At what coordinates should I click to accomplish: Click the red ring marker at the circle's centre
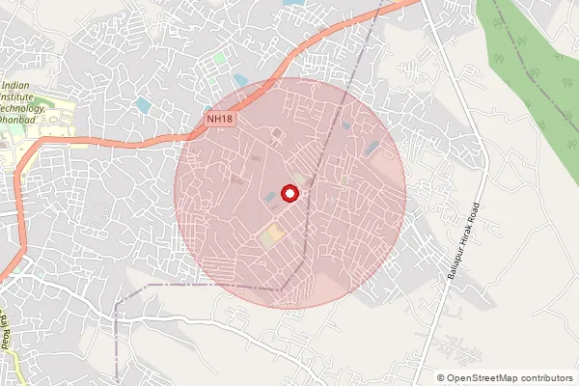pyautogui.click(x=289, y=194)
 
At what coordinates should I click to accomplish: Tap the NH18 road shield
pyautogui.click(x=220, y=119)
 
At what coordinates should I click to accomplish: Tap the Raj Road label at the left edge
pyautogui.click(x=5, y=328)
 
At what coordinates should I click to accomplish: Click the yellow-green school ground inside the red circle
pyautogui.click(x=271, y=234)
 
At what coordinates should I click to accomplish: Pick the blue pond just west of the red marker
pyautogui.click(x=269, y=197)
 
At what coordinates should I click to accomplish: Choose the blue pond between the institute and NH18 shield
pyautogui.click(x=144, y=104)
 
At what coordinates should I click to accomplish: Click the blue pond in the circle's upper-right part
pyautogui.click(x=372, y=148)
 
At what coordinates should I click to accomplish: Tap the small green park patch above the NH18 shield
pyautogui.click(x=219, y=59)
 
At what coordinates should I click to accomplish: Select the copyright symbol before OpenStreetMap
pyautogui.click(x=441, y=377)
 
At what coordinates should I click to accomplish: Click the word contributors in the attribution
pyautogui.click(x=543, y=377)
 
